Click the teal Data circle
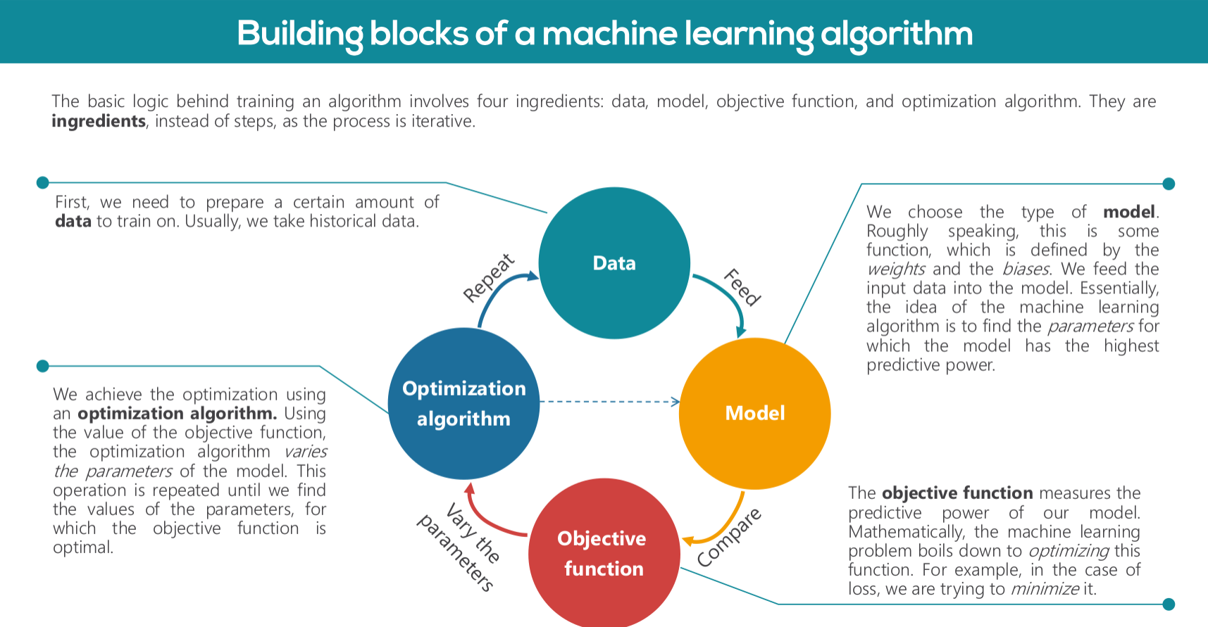tap(614, 263)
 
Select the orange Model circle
tap(755, 414)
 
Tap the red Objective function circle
tap(604, 553)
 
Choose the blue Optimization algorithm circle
tap(464, 403)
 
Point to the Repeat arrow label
tap(489, 278)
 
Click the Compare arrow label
tap(730, 537)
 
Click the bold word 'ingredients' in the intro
tap(99, 122)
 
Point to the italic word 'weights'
tap(896, 270)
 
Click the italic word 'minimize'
tap(1045, 589)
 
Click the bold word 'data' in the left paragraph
tap(73, 222)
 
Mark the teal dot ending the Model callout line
tap(1169, 184)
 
